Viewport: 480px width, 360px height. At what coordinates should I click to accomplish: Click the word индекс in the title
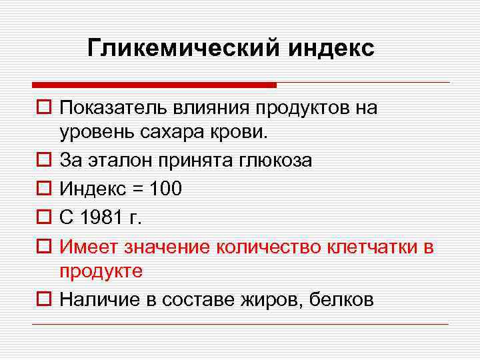(x=332, y=48)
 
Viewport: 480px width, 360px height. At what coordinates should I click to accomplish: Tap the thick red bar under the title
(x=154, y=85)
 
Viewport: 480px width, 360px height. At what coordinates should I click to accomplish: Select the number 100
(x=166, y=189)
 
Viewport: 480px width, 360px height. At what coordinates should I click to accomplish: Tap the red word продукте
(x=101, y=271)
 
